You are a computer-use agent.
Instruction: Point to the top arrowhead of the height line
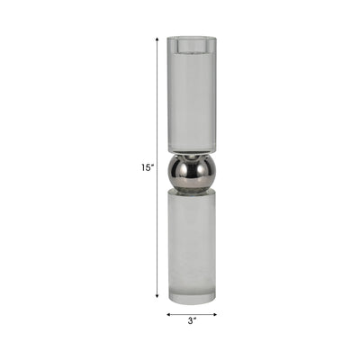click(157, 40)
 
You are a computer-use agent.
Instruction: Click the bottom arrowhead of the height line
click(157, 297)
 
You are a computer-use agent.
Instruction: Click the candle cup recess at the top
click(192, 49)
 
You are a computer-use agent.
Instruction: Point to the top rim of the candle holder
click(192, 38)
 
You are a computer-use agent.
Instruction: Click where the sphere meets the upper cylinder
click(192, 152)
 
